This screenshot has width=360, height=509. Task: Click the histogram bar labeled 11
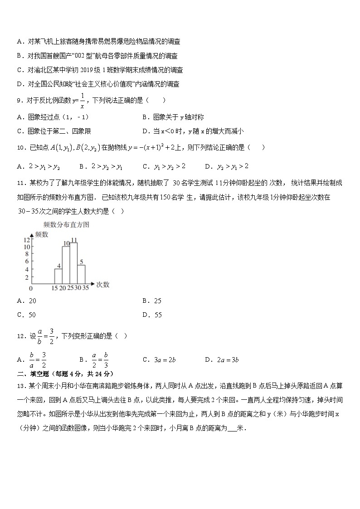pyautogui.click(x=74, y=264)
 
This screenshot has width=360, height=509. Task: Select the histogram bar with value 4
pyautogui.click(x=58, y=276)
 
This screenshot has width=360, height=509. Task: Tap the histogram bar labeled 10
pyautogui.click(x=66, y=265)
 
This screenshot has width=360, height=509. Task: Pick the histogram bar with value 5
pyautogui.click(x=82, y=274)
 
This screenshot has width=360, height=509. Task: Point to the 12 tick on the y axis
pyautogui.click(x=27, y=240)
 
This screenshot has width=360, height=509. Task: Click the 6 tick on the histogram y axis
pyautogui.click(x=27, y=262)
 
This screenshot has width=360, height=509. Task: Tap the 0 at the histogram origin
pyautogui.click(x=31, y=288)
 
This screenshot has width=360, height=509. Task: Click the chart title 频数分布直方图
pyautogui.click(x=66, y=224)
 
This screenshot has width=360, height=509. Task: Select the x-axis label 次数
pyautogui.click(x=103, y=285)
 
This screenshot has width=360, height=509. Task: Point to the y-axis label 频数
pyautogui.click(x=42, y=234)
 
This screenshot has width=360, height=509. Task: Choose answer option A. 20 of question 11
pyautogui.click(x=26, y=301)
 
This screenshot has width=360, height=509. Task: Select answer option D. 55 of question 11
pyautogui.click(x=152, y=315)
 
